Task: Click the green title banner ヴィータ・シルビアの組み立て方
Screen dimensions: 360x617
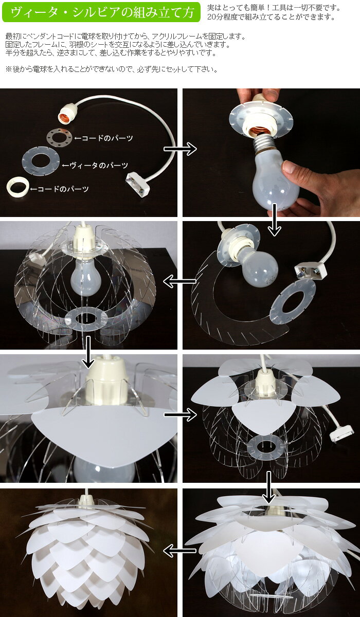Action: [x=101, y=12]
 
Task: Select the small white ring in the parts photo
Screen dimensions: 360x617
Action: [x=17, y=188]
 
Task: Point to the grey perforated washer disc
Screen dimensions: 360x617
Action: [x=59, y=137]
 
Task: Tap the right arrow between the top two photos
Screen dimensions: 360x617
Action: [x=180, y=149]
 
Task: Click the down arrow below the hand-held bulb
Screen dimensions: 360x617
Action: [x=274, y=220]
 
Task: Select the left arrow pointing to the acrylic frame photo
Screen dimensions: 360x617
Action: [x=179, y=281]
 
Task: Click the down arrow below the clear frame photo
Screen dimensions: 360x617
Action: [x=88, y=352]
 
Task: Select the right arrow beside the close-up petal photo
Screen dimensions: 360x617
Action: [x=181, y=414]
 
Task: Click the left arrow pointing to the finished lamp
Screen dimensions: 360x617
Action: [x=179, y=551]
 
